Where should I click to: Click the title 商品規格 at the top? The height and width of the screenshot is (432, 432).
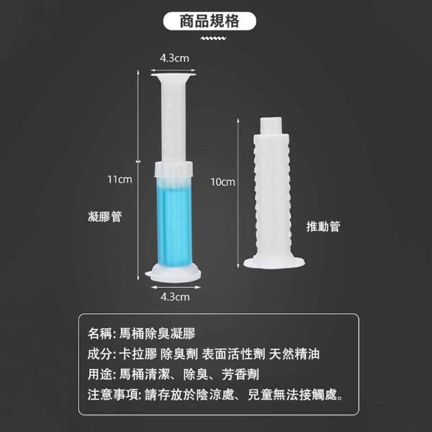point(209,21)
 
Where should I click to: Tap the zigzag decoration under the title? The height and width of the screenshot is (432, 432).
point(213,38)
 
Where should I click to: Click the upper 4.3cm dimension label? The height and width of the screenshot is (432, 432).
point(174,58)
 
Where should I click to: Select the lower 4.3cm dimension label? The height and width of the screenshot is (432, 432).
point(175,297)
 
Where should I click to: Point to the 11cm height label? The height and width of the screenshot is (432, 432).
point(120,180)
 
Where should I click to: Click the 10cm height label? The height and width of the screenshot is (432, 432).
point(223,182)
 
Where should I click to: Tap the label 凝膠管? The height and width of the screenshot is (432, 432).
point(105,217)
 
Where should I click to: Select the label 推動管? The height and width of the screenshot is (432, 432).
point(323,227)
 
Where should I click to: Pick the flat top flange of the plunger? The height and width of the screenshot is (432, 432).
point(173,74)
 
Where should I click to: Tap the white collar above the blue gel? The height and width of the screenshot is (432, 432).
point(173,169)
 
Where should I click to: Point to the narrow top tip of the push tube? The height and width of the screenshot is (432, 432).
point(271,126)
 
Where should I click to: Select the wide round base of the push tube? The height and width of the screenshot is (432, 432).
point(274,263)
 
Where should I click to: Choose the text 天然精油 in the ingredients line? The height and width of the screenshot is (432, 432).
point(294,354)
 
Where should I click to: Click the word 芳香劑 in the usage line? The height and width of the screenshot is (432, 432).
point(240,375)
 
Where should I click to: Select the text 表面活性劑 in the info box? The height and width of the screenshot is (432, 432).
point(234,354)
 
